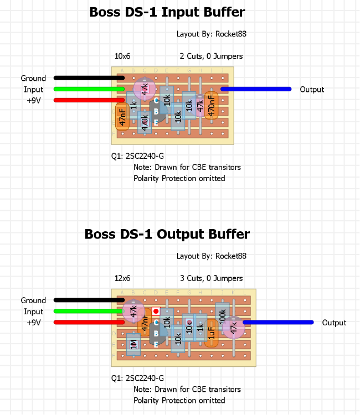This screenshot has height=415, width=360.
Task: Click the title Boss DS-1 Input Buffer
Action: [167, 12]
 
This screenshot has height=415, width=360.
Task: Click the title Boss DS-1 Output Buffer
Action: [167, 234]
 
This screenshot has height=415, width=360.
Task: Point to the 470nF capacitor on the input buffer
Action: [211, 105]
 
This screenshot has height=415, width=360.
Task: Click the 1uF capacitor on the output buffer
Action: [211, 333]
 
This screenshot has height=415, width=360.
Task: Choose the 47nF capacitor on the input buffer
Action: [122, 116]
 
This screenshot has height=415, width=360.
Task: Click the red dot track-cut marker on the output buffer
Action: [156, 312]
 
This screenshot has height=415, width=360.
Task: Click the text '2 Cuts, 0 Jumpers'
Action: [211, 56]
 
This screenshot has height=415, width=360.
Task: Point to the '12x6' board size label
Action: [122, 278]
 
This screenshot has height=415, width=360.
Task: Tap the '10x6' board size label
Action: [122, 56]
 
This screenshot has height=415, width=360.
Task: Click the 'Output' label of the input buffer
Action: [312, 89]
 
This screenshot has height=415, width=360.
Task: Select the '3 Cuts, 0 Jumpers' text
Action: [211, 278]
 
